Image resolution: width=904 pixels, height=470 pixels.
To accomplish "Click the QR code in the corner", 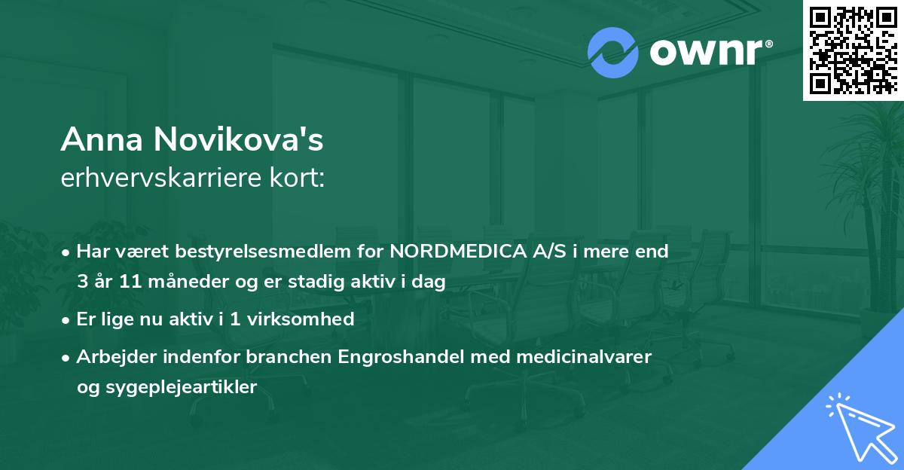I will click(x=853, y=50).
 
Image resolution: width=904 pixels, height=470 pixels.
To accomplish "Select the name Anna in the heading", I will click(x=104, y=140).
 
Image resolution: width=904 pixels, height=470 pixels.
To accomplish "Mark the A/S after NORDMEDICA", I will click(x=548, y=252).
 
